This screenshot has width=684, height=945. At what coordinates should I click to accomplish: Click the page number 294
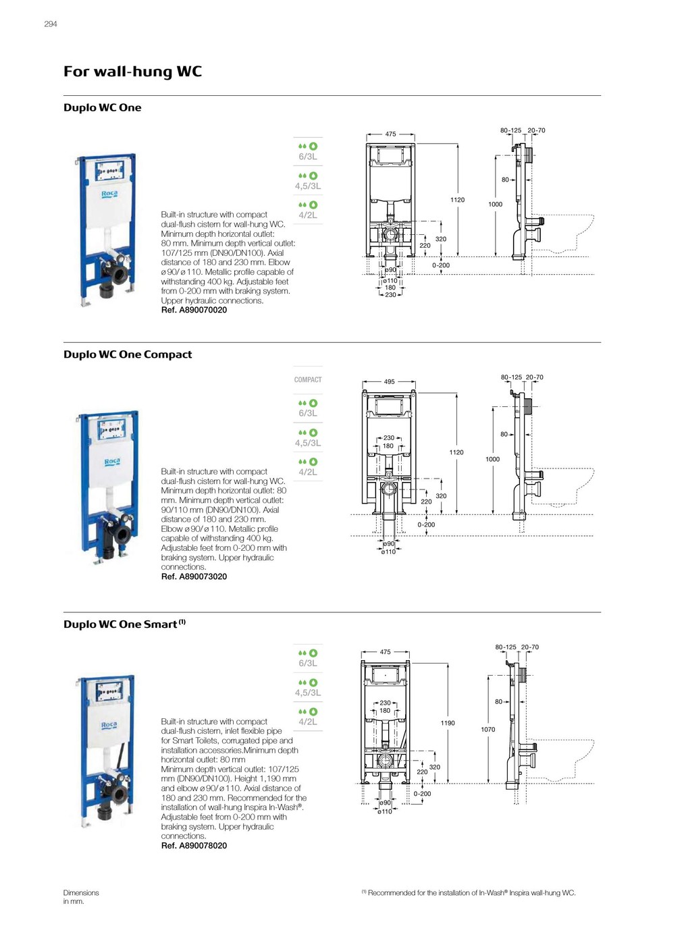pos(51,24)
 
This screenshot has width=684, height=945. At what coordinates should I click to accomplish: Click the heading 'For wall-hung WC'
pos(132,72)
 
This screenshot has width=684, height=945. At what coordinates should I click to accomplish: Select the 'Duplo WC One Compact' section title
pos(128,354)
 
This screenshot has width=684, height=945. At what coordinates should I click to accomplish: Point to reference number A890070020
pos(194,310)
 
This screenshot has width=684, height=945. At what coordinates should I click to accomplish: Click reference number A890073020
pos(194,577)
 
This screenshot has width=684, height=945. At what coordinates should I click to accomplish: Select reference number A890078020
pos(194,846)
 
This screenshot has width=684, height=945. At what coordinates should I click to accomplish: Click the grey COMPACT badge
pos(308,380)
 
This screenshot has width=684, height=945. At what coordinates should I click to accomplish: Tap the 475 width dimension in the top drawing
pos(390,134)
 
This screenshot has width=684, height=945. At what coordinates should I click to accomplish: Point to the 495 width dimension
pos(390,382)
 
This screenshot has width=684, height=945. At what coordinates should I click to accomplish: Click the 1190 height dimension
pos(448,723)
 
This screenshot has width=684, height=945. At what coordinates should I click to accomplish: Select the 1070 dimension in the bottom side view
pos(488,730)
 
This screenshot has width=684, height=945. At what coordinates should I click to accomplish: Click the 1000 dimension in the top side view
pos(496,205)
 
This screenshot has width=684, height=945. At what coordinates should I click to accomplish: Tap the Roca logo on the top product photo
pos(109,194)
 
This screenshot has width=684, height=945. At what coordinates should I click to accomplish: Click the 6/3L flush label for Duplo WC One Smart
pos(308,664)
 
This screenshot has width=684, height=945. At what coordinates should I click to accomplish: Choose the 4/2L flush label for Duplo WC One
pos(308,215)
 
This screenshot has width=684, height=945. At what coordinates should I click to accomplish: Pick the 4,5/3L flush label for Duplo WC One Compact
pos(308,443)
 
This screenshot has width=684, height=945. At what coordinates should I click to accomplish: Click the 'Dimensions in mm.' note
pos(81,897)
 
